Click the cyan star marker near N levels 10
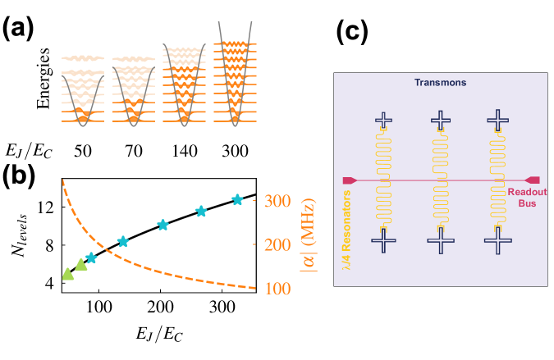[x=163, y=225]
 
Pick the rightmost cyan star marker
[x=237, y=199]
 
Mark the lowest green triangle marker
[x=68, y=274]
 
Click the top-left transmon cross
[x=384, y=120]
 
